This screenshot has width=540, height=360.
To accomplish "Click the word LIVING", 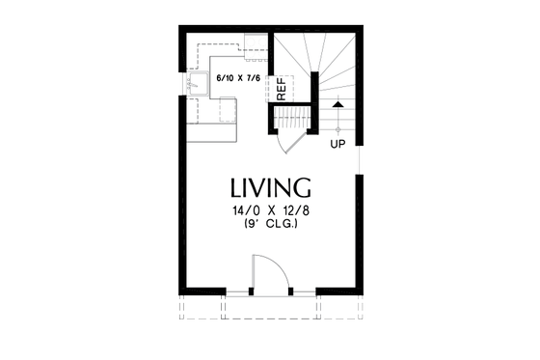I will pos(270,186).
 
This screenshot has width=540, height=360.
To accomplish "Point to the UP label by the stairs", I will pos(337,145).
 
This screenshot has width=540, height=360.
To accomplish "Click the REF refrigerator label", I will pos(282,89).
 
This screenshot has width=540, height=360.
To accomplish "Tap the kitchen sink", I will pos(198,84).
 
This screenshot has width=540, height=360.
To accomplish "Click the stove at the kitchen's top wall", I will pos(256,43).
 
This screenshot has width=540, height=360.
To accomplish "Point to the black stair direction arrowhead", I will pos(337,101).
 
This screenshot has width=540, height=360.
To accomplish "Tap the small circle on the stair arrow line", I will pos(337,126).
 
